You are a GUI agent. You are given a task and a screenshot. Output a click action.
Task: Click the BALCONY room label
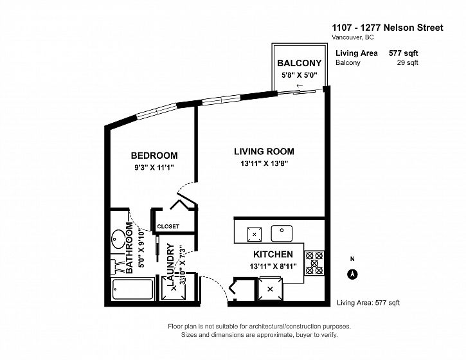click(300, 63)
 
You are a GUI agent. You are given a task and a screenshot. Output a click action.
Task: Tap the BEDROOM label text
click(154, 156)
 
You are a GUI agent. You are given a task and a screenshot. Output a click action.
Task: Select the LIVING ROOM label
click(264, 151)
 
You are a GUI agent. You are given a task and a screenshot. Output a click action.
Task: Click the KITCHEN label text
click(273, 254)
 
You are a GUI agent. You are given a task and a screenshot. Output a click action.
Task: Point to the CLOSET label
click(168, 226)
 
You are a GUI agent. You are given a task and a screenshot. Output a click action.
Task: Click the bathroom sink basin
click(118, 239)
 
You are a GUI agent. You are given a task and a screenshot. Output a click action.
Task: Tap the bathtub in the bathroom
click(133, 289)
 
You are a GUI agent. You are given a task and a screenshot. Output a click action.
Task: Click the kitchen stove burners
click(314, 263)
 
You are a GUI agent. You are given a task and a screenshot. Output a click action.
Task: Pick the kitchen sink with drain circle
click(282, 233)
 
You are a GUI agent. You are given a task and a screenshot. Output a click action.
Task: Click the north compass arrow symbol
click(353, 274)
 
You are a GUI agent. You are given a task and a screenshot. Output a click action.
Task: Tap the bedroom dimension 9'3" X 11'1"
click(154, 167)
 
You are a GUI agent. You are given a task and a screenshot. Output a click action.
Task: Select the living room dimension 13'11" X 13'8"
click(264, 163)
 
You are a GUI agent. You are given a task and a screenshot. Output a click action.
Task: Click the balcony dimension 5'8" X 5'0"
click(300, 75)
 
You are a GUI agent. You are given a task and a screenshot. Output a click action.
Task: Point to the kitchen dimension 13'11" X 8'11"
click(273, 266)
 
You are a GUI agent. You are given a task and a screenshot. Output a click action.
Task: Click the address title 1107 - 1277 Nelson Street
click(388, 28)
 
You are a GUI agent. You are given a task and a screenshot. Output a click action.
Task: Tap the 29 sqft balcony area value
click(408, 63)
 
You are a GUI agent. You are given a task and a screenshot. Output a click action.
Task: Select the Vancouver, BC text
click(353, 37)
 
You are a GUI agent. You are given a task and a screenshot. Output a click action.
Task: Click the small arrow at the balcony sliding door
click(300, 86)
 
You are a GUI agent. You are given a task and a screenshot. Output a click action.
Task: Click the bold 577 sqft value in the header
click(403, 53)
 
